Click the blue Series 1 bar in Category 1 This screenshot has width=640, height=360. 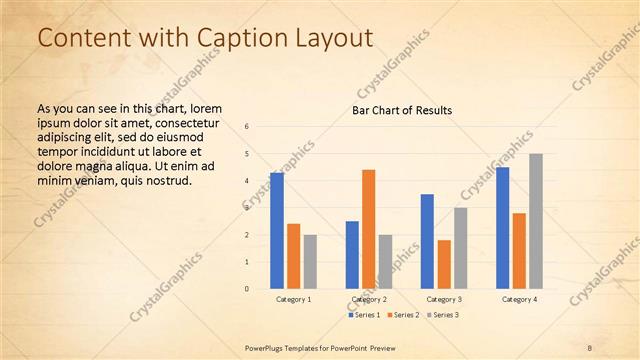[x=276, y=231]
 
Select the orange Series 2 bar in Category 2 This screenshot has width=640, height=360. [x=368, y=229]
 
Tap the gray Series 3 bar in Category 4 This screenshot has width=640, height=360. [x=536, y=221]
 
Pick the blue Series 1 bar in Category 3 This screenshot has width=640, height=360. [x=427, y=241]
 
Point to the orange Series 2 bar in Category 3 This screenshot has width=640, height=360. [x=444, y=264]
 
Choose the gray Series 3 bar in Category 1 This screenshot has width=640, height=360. [x=310, y=262]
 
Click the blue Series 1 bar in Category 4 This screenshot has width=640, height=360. [x=502, y=228]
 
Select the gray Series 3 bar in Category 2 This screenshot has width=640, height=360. [x=385, y=262]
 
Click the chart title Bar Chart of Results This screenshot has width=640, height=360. [x=402, y=110]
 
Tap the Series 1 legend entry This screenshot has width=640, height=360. [x=364, y=315]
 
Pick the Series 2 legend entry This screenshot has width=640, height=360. [x=403, y=315]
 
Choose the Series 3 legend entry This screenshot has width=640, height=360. [x=441, y=315]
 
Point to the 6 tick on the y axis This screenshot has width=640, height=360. [x=247, y=126]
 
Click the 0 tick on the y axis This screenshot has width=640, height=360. [x=247, y=289]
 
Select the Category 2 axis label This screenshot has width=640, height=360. [x=369, y=299]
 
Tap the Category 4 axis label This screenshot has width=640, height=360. [x=519, y=299]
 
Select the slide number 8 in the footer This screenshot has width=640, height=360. [x=590, y=347]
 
